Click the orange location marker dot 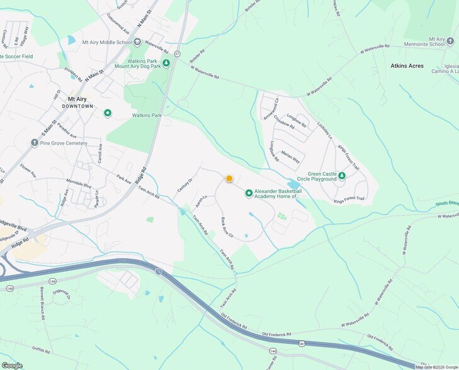(229, 179)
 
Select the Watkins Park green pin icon (108, 113)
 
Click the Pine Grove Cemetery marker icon (34, 143)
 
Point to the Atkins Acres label (407, 65)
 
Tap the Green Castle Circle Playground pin (341, 176)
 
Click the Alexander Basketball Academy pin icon (249, 193)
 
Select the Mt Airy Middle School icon (137, 42)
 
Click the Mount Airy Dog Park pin (166, 63)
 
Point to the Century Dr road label (184, 184)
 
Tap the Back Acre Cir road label (227, 227)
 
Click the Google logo (12, 365)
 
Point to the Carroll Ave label (99, 153)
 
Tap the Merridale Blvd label (79, 185)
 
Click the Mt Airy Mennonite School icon (450, 42)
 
